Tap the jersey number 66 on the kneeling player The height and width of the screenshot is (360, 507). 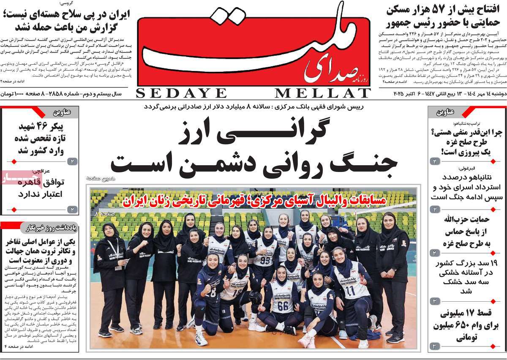pyautogui.click(x=283, y=305)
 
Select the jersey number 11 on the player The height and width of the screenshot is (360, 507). pyautogui.click(x=349, y=291)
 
